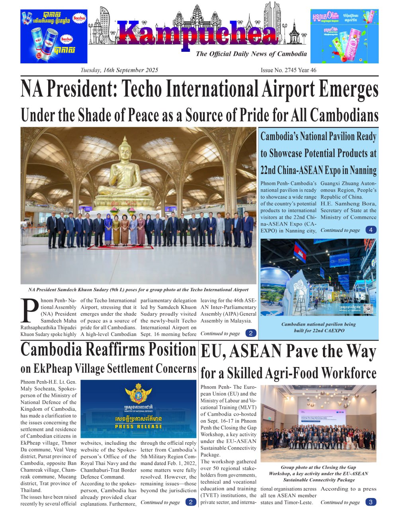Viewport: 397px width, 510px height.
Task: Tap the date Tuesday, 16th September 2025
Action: [x=119, y=70]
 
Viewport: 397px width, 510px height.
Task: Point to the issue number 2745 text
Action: [x=288, y=70]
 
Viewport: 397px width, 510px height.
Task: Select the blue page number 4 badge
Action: [x=371, y=230]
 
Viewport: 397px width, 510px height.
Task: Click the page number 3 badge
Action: [x=371, y=502]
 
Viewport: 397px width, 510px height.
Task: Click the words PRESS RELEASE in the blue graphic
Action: [x=138, y=426]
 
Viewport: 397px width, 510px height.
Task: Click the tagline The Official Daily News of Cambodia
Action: [x=251, y=54]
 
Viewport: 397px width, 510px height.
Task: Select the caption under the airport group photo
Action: [x=138, y=290]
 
